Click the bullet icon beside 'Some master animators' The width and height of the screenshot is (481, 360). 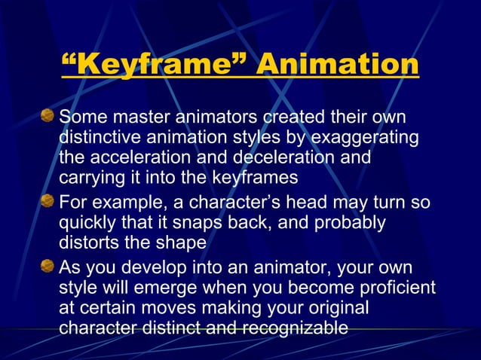[x=47, y=116]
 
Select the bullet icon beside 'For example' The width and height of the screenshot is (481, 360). [x=47, y=201]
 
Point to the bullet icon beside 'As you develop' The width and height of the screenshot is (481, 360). [x=47, y=266]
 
